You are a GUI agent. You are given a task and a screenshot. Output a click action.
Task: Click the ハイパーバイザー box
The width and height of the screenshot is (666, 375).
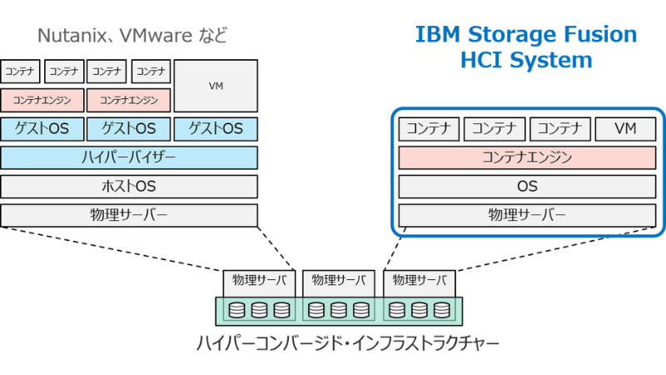tap(129, 157)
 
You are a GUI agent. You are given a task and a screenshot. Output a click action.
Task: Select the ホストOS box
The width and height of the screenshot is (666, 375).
tap(129, 187)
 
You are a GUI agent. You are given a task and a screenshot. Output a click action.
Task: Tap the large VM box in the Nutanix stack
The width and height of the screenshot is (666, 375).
tap(215, 86)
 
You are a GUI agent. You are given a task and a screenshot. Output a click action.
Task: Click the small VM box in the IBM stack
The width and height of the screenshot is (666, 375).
tap(625, 129)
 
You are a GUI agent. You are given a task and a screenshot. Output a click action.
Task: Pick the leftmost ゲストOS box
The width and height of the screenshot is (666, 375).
tap(42, 129)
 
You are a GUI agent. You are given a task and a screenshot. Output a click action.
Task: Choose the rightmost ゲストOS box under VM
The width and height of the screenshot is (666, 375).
tap(216, 129)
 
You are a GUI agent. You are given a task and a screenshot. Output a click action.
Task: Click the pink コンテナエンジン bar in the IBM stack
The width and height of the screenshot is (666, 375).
tap(527, 157)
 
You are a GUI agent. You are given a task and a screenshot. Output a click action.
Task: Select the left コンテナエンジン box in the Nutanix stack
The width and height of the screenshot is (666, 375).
tap(42, 100)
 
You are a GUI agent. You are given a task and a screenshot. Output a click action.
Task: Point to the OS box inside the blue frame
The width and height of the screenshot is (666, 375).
tap(527, 187)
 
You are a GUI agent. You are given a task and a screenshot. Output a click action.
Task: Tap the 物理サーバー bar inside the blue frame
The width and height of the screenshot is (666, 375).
tap(527, 215)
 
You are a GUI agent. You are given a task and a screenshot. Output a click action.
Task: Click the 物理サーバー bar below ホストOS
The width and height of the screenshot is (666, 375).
tap(129, 215)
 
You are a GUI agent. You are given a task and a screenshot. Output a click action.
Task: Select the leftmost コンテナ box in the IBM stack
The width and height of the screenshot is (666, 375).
tap(430, 129)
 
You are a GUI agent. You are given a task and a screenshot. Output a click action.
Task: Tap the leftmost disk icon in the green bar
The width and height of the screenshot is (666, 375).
tap(237, 311)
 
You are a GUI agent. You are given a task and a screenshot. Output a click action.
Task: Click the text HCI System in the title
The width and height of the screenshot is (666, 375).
tap(526, 60)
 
